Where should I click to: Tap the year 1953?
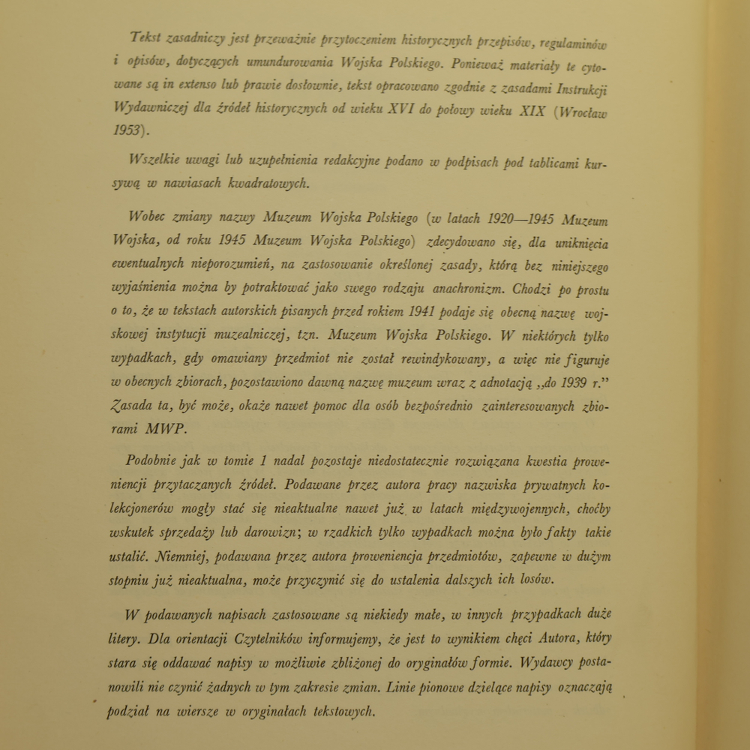(128, 130)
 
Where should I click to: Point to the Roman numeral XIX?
(533, 111)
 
